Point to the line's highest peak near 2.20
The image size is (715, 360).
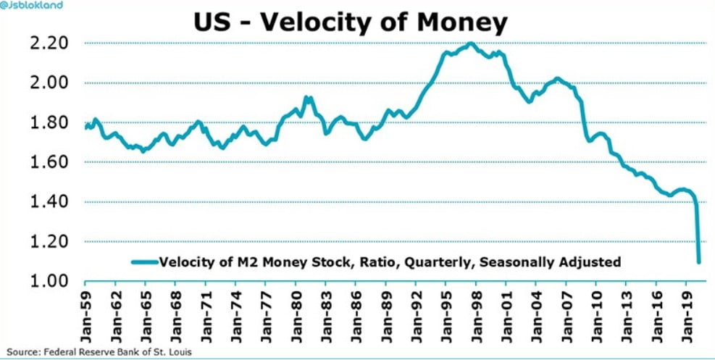[471, 43]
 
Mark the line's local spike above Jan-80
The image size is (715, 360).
[306, 97]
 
